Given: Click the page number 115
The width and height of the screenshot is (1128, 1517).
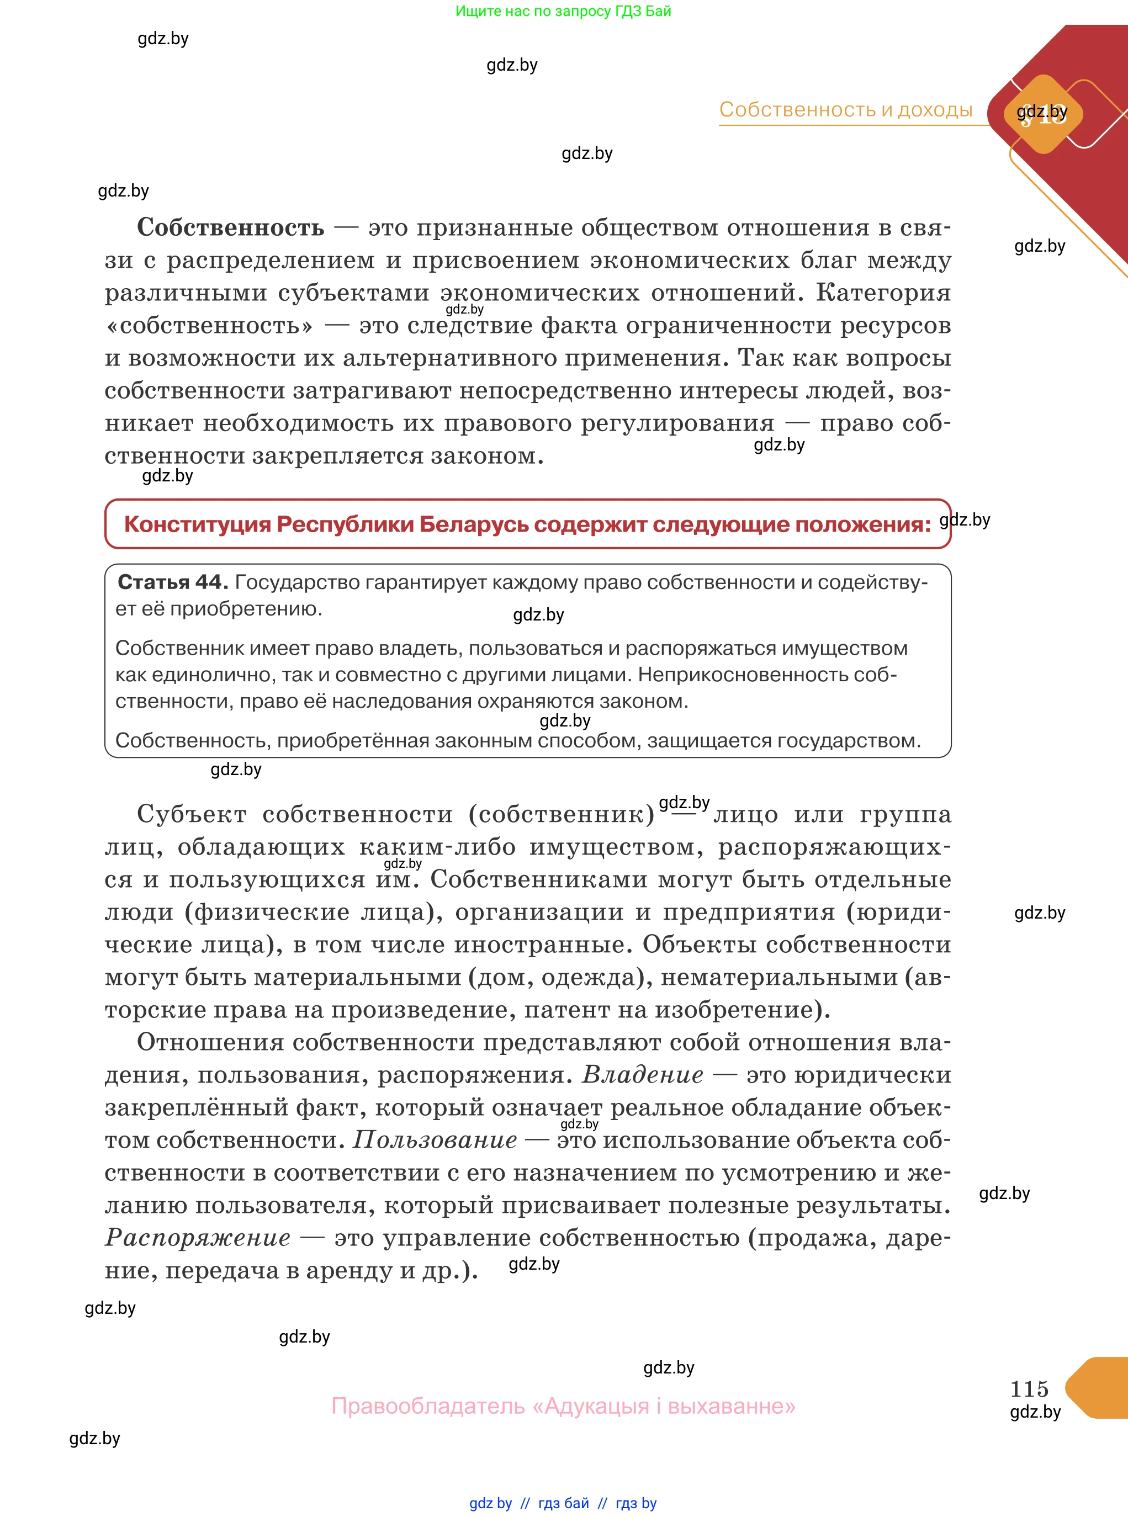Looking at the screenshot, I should pos(1029,1388).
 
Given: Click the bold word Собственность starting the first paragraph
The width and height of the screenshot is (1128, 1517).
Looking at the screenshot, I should pos(230,227).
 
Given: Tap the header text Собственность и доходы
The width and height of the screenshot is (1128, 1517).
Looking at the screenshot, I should pos(845,109).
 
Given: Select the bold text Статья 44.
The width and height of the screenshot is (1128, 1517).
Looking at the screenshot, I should pos(172,582).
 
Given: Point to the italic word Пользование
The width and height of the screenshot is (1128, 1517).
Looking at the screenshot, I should pos(435,1140).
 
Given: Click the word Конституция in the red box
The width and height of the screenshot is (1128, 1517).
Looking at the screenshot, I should pos(197,524).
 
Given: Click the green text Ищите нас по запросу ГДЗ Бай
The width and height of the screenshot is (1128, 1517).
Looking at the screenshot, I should pos(563,11).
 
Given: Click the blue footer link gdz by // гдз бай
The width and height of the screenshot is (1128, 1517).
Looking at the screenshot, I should pos(529,1503).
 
